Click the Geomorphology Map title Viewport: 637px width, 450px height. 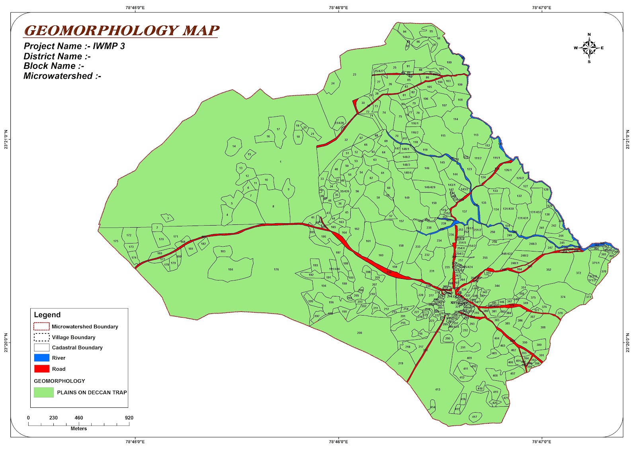tap(121, 31)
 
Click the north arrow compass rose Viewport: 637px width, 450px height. tap(589, 48)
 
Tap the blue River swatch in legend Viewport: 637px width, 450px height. tap(42, 358)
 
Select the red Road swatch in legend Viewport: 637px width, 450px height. tap(42, 369)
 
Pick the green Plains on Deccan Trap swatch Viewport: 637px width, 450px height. tap(44, 392)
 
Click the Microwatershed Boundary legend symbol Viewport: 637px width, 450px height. tap(42, 327)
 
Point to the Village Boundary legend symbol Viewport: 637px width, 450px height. tap(42, 337)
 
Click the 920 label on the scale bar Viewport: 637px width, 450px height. tap(129, 418)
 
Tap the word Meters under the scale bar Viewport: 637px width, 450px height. tap(79, 429)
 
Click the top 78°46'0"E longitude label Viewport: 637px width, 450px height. tap(338, 8)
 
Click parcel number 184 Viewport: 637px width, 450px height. tap(231, 269)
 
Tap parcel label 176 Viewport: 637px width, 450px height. tap(276, 269)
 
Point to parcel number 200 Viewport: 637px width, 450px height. tap(360, 333)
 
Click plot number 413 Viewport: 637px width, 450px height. tap(438, 390)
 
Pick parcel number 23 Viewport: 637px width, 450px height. tap(354, 74)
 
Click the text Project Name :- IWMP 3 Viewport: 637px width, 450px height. tap(74, 46)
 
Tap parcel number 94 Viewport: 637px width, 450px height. tap(404, 32)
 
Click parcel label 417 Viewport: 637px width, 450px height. tap(474, 417)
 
